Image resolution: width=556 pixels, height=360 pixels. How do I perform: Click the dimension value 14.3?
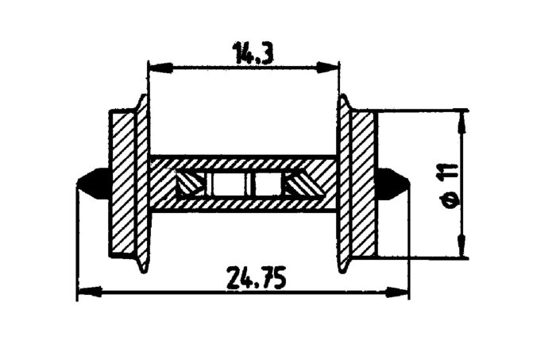249,53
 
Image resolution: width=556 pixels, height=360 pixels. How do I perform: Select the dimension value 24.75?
256,279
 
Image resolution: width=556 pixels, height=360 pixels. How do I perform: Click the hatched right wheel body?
363,183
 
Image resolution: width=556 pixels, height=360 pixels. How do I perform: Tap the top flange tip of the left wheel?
143,99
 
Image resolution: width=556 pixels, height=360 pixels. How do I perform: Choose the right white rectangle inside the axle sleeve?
267,184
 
